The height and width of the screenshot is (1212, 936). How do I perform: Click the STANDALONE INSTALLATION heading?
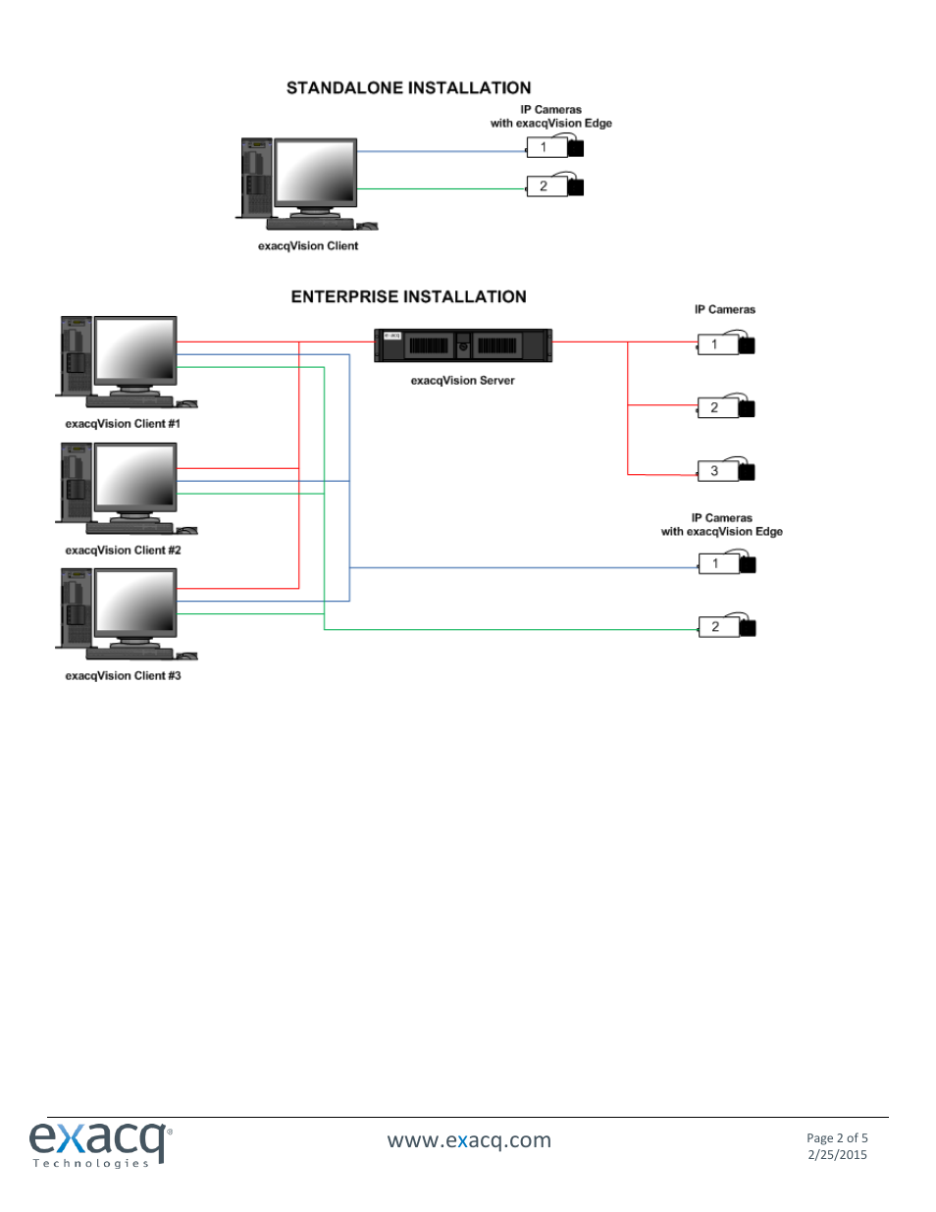[x=408, y=88]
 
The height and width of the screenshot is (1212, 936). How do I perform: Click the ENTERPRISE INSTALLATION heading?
[x=408, y=296]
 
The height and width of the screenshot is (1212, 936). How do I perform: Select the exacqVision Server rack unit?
[x=463, y=345]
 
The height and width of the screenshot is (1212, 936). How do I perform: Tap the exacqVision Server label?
[x=462, y=381]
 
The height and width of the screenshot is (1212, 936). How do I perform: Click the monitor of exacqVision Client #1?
[x=135, y=351]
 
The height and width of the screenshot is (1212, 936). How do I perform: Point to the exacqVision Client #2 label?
[x=123, y=551]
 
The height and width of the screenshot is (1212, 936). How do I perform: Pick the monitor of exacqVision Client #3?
[x=135, y=603]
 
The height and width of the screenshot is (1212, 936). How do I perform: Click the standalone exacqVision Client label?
[x=307, y=246]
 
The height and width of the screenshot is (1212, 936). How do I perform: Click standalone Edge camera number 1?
[x=555, y=147]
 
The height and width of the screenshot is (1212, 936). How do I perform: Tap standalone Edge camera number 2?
[x=555, y=186]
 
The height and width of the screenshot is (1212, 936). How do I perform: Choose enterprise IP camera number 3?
[x=726, y=471]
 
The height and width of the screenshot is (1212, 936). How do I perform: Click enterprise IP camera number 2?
[x=726, y=408]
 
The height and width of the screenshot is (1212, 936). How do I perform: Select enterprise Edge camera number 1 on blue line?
[x=727, y=563]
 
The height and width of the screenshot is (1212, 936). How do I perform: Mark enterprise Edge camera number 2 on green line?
[x=727, y=627]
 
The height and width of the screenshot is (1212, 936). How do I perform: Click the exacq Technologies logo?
[x=99, y=1143]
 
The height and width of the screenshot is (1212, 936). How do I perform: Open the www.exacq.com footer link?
[x=469, y=1140]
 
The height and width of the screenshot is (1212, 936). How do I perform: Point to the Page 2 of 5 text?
[x=837, y=1138]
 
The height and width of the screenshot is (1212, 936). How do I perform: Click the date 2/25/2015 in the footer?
[x=837, y=1155]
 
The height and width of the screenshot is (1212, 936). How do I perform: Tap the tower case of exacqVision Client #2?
[x=76, y=482]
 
